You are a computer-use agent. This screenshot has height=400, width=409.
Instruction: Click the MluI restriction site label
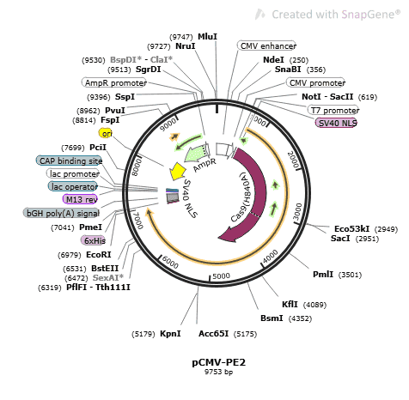click(208, 37)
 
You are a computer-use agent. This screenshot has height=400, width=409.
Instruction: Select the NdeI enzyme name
click(273, 60)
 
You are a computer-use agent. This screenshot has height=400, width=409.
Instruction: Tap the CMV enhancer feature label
click(266, 45)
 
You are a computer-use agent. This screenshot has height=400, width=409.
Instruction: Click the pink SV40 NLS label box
click(336, 123)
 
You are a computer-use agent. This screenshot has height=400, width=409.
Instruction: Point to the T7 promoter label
click(333, 110)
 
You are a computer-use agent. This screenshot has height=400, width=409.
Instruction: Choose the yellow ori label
click(106, 133)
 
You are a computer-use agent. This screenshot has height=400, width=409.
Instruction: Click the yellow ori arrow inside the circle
click(178, 172)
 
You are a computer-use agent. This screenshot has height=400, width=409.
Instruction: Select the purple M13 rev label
click(80, 199)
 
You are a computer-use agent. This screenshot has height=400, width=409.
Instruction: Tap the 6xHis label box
click(93, 240)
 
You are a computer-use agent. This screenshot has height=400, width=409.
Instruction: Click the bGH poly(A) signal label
click(61, 213)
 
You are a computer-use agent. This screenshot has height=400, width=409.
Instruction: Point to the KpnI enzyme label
click(170, 334)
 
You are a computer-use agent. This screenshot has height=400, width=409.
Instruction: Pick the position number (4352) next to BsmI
click(300, 318)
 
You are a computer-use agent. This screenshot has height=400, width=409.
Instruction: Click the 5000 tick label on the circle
click(221, 276)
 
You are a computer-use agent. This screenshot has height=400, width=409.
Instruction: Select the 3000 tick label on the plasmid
click(298, 211)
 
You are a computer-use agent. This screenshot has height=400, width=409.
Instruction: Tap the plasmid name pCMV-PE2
click(219, 362)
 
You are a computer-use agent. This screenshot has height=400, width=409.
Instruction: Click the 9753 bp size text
click(218, 372)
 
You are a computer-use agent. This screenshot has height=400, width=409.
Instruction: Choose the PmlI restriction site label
click(323, 275)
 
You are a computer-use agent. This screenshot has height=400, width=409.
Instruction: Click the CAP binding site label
click(69, 161)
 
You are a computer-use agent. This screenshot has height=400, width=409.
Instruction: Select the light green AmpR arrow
click(196, 153)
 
